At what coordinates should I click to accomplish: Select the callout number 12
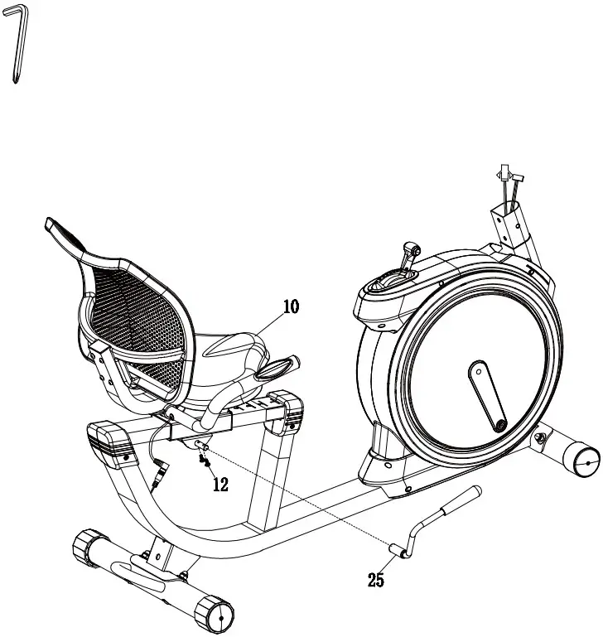coord(219,485)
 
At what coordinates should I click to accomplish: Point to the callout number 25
coord(376,580)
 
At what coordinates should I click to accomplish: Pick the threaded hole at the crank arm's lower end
coord(500,425)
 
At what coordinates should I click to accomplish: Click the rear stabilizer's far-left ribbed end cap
coord(86,548)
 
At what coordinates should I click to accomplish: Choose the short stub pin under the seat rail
coord(200,443)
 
